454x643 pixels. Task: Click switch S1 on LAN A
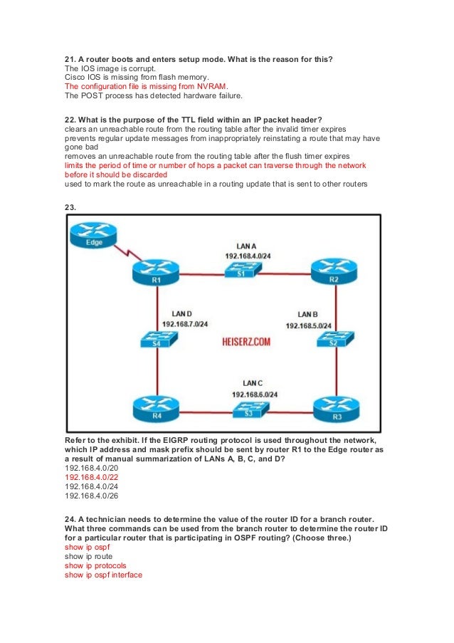(241, 270)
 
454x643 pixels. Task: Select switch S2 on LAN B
(333, 340)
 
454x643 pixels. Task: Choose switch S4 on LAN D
(155, 340)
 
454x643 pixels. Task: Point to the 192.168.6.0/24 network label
(254, 394)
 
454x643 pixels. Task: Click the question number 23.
(70, 207)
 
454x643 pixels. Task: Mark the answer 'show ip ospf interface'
(104, 575)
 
